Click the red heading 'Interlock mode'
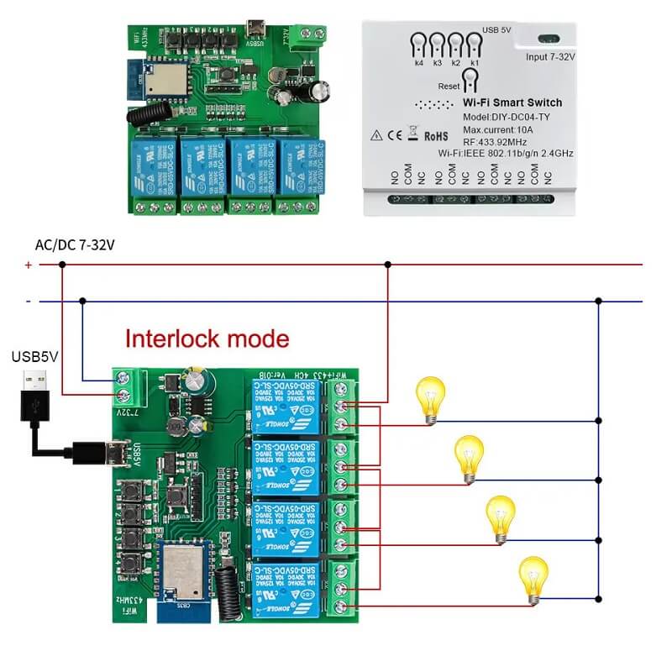click(207, 339)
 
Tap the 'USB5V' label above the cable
click(34, 356)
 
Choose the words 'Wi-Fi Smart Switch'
click(512, 102)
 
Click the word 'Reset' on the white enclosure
click(449, 87)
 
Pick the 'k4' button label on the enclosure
click(418, 63)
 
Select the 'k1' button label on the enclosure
click(475, 63)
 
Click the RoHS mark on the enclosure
click(436, 134)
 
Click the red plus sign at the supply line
click(28, 265)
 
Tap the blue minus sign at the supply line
click(28, 301)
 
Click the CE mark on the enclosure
click(394, 134)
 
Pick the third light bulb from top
click(501, 517)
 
